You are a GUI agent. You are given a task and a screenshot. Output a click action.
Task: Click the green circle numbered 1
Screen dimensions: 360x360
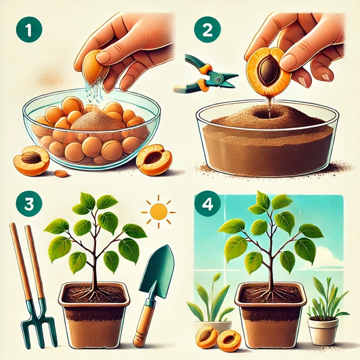coord(29,29)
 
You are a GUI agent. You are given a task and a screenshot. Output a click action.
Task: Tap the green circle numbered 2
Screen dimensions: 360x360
coord(208,29)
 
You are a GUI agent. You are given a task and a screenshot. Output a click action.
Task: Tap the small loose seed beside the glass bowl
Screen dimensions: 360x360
coord(61,173)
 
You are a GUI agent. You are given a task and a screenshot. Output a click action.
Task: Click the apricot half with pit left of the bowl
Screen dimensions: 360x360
coord(31,160)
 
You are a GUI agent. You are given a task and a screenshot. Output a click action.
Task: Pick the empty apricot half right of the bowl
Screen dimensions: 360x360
coord(154,160)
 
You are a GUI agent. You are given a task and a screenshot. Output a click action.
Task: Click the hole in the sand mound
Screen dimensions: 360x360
coord(266,113)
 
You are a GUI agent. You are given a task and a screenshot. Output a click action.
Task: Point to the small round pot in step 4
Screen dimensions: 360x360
coord(323,331)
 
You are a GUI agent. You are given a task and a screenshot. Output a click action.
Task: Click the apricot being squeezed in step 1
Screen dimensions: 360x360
coord(94,66)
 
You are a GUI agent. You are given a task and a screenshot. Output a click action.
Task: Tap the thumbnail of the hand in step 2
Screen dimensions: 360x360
coord(324,76)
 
